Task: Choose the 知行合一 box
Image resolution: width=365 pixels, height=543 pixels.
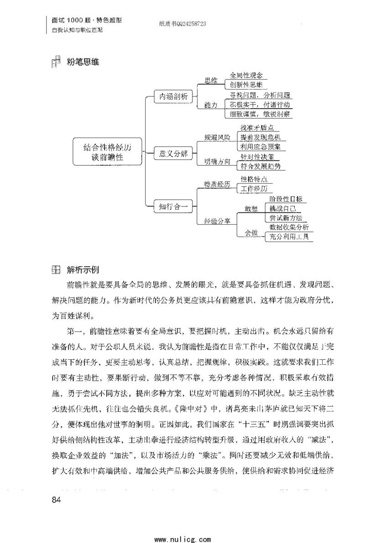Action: point(170,206)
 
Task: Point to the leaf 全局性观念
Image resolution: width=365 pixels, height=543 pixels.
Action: point(246,75)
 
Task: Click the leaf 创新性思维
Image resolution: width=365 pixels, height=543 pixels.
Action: point(246,85)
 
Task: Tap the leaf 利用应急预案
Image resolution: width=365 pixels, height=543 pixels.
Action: point(261,147)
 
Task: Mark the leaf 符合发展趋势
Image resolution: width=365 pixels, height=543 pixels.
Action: point(261,166)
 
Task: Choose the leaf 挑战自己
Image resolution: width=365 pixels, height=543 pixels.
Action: point(282,208)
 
